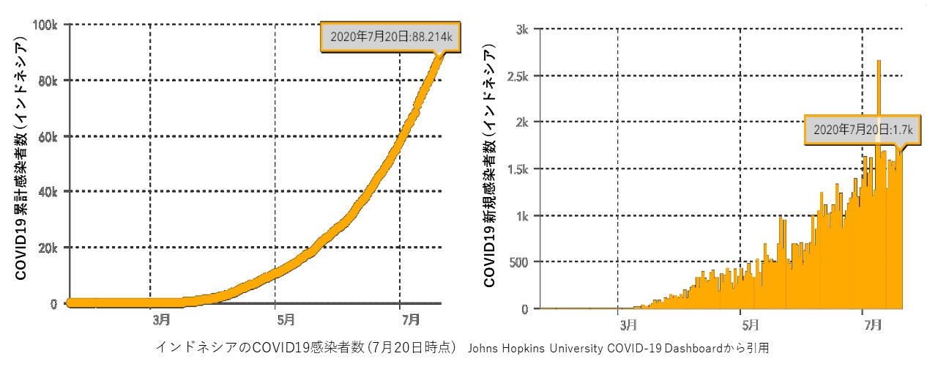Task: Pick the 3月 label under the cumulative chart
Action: [x=162, y=319]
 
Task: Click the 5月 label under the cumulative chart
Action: [x=286, y=319]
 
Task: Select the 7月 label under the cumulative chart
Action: [x=411, y=319]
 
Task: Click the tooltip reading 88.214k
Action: [x=390, y=35]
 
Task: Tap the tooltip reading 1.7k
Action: [x=854, y=130]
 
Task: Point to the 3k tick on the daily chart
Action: [x=523, y=29]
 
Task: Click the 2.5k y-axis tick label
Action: [x=518, y=76]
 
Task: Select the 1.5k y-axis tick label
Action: [x=518, y=169]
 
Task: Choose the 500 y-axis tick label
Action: [x=519, y=262]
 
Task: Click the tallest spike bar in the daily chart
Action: [x=879, y=110]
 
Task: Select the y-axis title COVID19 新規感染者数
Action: [x=489, y=165]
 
